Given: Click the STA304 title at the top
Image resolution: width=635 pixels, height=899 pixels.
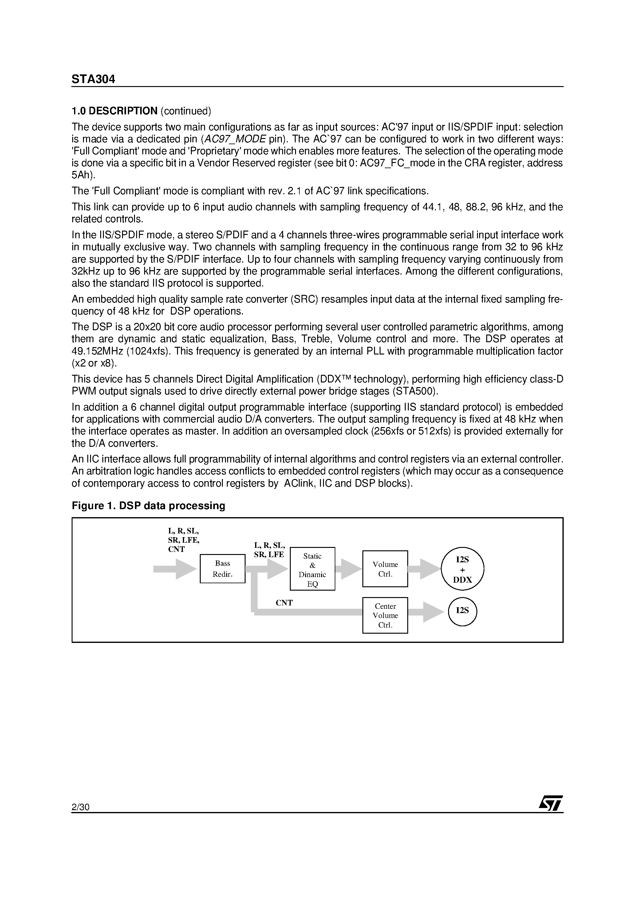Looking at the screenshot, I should (93, 79).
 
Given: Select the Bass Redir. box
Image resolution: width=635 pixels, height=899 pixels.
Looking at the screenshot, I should (222, 568).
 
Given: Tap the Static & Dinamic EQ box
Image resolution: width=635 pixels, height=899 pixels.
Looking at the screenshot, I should (312, 568).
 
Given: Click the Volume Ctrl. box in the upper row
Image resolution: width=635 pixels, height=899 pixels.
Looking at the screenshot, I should (385, 569).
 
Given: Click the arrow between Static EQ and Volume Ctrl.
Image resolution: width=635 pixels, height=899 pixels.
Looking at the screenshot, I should (349, 569).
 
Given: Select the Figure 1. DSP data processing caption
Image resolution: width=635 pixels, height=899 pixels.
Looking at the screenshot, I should (148, 505).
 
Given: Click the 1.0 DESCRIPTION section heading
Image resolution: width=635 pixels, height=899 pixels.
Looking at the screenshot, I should (114, 111).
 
